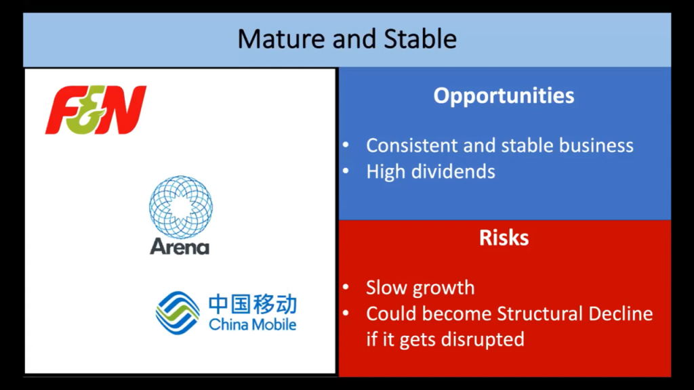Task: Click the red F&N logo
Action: [96, 110]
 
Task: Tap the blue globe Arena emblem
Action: [180, 207]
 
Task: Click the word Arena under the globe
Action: [179, 246]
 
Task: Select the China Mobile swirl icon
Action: [178, 313]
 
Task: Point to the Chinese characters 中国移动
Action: [253, 304]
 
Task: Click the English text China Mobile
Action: [252, 324]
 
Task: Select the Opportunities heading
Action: [504, 96]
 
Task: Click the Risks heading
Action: [504, 238]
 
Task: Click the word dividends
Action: [453, 171]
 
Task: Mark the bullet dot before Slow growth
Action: [346, 287]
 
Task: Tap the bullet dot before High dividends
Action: [346, 171]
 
